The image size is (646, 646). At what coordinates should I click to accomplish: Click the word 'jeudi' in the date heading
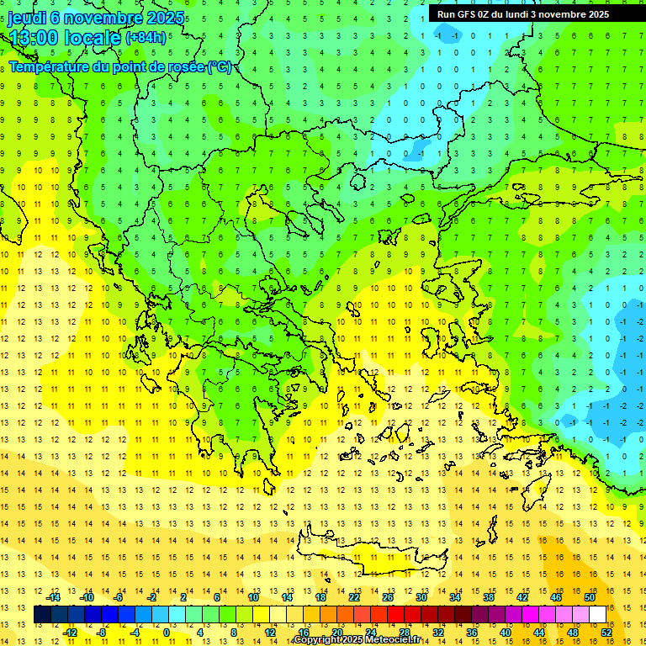(x=28, y=19)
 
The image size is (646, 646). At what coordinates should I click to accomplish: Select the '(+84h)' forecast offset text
(x=146, y=38)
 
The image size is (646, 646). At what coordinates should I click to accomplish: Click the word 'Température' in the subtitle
(x=47, y=67)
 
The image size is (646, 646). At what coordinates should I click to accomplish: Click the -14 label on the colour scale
(x=54, y=597)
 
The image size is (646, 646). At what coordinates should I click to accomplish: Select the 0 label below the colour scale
(x=167, y=632)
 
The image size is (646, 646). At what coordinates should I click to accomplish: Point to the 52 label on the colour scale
(x=606, y=632)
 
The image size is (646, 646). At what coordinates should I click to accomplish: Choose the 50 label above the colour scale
(x=589, y=597)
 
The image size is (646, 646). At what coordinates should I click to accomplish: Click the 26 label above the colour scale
(x=388, y=597)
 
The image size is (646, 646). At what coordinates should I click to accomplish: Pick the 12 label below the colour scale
(x=269, y=632)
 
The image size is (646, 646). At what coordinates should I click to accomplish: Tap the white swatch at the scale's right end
(x=597, y=614)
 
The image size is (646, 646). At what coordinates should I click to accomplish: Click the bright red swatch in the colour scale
(x=395, y=614)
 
